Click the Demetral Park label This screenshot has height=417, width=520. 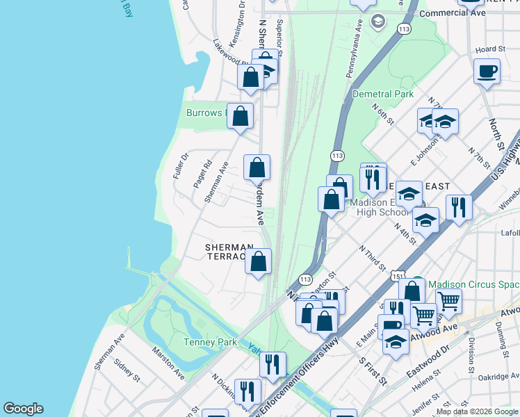pyautogui.click(x=382, y=94)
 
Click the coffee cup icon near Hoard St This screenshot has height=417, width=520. pyautogui.click(x=487, y=71)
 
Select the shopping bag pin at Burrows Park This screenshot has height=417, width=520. pyautogui.click(x=240, y=116)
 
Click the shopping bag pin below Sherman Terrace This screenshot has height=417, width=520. pyautogui.click(x=258, y=261)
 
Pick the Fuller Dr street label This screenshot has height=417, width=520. pyautogui.click(x=180, y=166)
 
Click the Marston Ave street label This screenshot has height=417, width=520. pyautogui.click(x=170, y=364)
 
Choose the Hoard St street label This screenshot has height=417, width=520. pyautogui.click(x=490, y=49)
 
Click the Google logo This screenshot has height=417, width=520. pyautogui.click(x=23, y=409)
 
